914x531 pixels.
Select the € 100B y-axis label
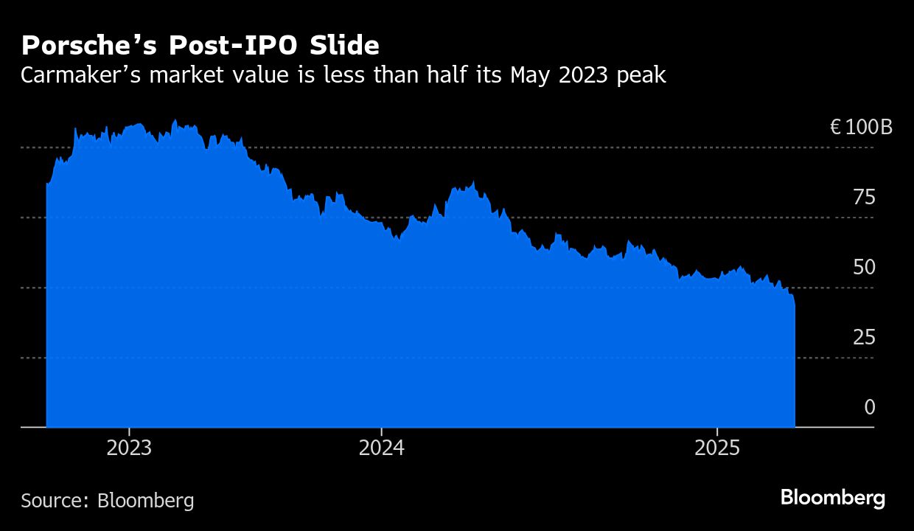point(861,128)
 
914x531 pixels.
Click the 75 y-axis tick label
point(864,198)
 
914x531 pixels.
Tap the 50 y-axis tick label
point(864,267)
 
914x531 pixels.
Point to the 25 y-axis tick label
point(864,338)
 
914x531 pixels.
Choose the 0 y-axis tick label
point(870,407)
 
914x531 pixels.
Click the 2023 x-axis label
point(129,448)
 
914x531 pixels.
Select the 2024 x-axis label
point(381,448)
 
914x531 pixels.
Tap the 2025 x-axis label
point(717,448)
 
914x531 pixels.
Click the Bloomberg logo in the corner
point(833,499)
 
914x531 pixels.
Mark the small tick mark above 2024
point(381,431)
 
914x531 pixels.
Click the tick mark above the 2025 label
point(717,431)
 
